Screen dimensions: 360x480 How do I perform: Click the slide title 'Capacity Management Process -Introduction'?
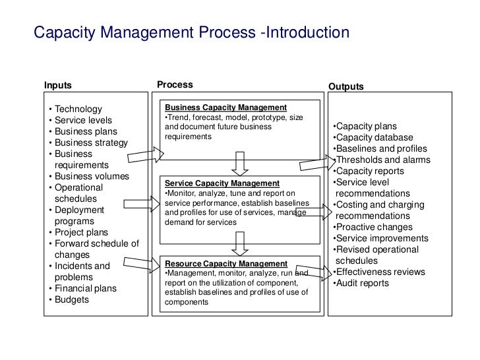[x=191, y=32]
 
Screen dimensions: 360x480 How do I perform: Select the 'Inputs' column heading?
[x=57, y=85]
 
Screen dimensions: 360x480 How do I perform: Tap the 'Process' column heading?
[x=175, y=84]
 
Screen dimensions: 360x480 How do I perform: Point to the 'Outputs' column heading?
[x=345, y=86]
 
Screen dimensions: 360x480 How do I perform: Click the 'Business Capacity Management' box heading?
[x=225, y=107]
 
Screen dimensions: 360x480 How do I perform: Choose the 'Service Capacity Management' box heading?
[x=222, y=183]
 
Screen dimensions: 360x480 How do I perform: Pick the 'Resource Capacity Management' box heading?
[x=225, y=264]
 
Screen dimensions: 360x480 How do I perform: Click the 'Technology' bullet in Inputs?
[x=78, y=109]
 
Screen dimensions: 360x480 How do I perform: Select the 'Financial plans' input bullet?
[x=85, y=288]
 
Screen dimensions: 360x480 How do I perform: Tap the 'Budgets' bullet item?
[x=71, y=299]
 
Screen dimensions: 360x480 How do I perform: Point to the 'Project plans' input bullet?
[x=81, y=232]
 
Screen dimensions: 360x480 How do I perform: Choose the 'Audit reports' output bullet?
[x=361, y=284]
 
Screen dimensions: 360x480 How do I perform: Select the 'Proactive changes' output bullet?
[x=373, y=227]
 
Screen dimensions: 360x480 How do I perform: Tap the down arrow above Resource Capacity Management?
[x=240, y=241]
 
